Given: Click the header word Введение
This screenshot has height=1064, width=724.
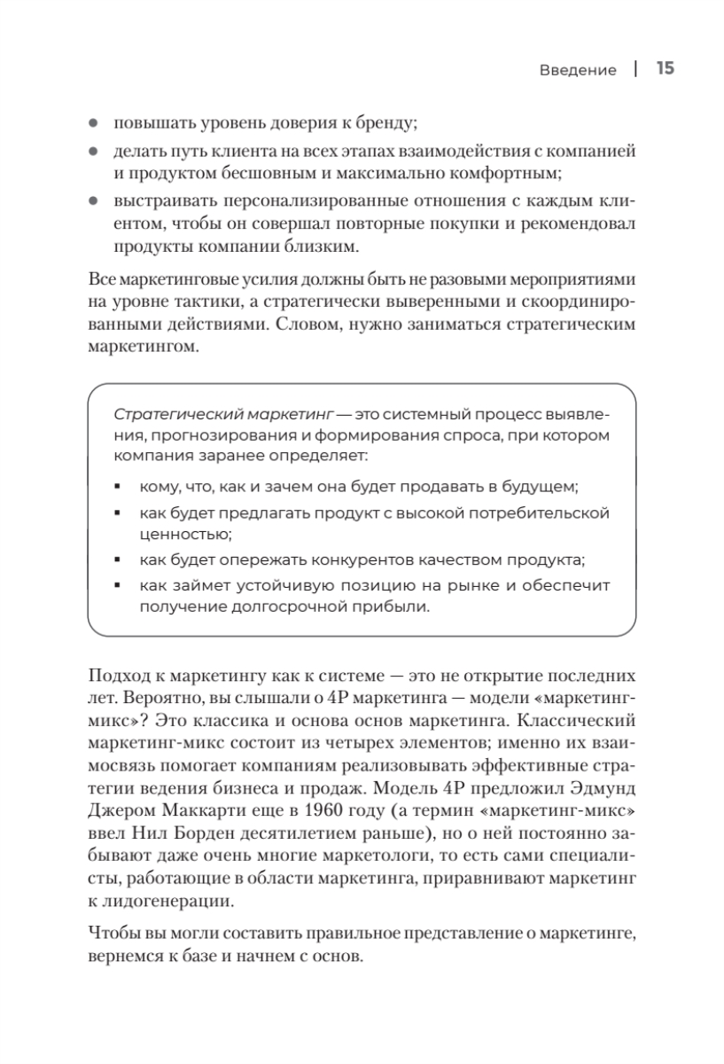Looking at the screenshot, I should tap(578, 70).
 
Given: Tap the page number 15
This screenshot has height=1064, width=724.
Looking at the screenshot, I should tap(666, 69).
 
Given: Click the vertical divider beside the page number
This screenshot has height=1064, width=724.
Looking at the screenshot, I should tap(636, 69).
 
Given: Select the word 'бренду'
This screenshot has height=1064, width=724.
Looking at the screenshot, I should tap(390, 125).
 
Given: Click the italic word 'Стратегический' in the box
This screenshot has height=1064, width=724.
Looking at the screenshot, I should tap(170, 414).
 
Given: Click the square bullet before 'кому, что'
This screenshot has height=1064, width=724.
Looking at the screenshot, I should tap(119, 489).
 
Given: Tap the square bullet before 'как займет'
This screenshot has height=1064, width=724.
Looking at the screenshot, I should tap(119, 586).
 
